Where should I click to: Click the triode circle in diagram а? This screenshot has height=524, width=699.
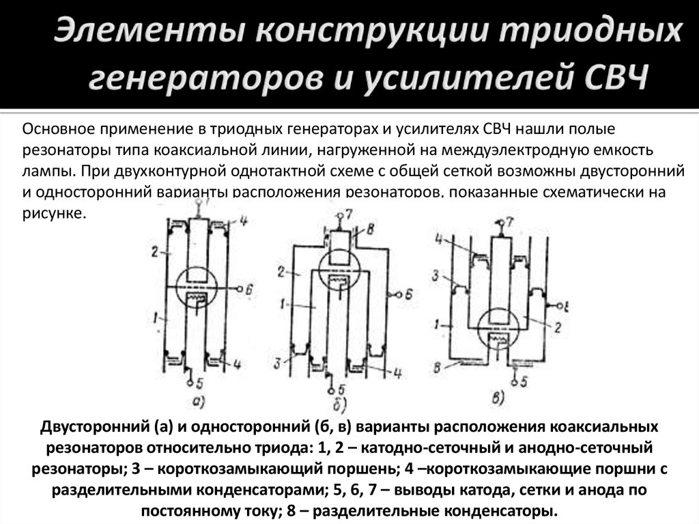point(197,289)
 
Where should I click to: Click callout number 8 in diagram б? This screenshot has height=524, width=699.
point(371,228)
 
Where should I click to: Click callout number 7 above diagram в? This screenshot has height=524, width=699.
point(511,223)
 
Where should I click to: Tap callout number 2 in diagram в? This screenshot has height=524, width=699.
point(557,328)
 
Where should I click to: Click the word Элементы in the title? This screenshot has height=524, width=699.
point(139,33)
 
